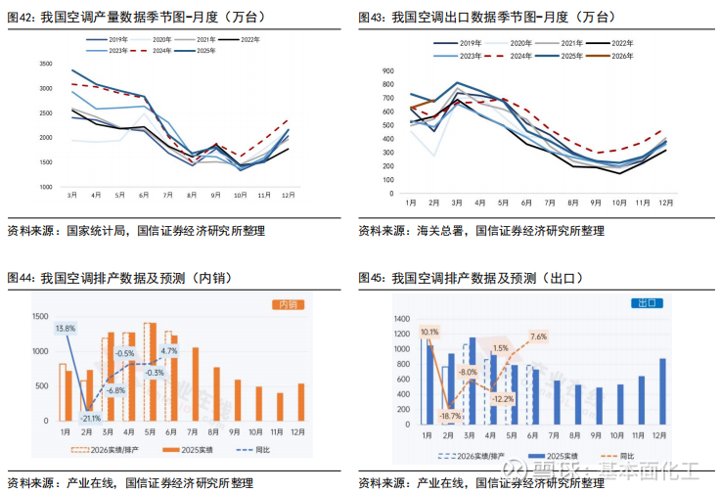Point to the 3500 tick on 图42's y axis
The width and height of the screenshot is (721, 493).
pos(45,64)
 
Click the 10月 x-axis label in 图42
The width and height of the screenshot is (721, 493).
pos(240,196)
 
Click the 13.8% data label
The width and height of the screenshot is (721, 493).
pos(66,329)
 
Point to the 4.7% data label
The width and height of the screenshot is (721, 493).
pos(169,350)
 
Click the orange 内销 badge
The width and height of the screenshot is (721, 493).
pos(286,305)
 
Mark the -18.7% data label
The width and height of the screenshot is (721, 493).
pos(450,417)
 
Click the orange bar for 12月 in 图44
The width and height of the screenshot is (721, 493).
pos(300,401)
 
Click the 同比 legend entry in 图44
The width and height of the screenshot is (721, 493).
pos(255,450)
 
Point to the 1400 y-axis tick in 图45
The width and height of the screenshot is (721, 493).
pos(403,319)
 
